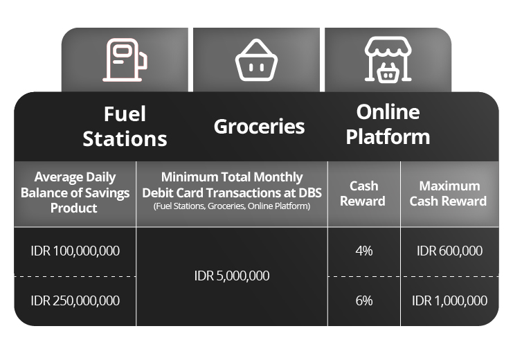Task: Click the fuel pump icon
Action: (125, 60)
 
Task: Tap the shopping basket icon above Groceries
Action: (256, 60)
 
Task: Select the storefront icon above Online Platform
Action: (388, 60)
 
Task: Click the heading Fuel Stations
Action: (125, 127)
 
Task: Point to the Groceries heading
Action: (259, 127)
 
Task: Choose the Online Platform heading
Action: (388, 125)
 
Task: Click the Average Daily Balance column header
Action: (75, 192)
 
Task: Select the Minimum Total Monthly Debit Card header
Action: (232, 185)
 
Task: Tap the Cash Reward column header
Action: (363, 193)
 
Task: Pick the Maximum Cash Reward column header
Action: (448, 193)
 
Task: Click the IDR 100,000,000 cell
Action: (75, 251)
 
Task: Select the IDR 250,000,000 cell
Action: (75, 300)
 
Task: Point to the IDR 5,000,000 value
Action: (232, 276)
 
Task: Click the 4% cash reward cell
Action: (364, 251)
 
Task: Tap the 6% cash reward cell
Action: (364, 300)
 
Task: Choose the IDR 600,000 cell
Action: (449, 251)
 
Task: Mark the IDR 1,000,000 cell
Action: (449, 300)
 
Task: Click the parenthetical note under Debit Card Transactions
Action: (232, 206)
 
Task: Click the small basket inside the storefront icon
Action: (388, 73)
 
